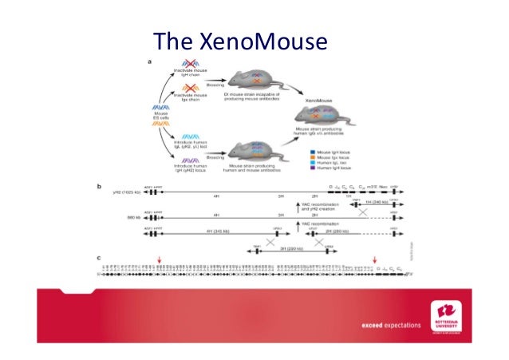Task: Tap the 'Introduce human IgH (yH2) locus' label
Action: [191, 168]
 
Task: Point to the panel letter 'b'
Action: [99, 187]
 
